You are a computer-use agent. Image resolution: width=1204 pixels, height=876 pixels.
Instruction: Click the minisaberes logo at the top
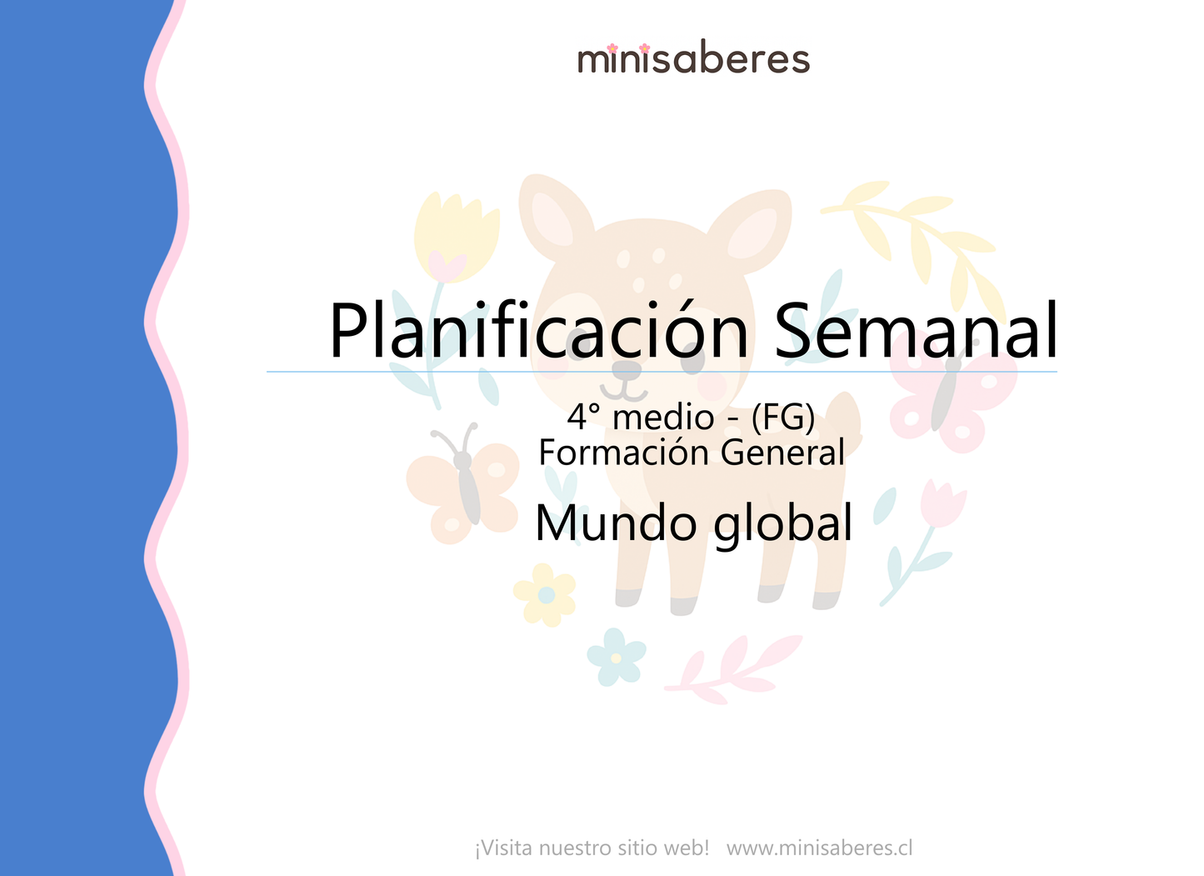point(693,59)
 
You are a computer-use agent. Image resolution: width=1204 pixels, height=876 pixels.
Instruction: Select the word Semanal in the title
point(917,330)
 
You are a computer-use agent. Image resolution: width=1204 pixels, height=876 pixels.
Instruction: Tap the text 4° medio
point(640,417)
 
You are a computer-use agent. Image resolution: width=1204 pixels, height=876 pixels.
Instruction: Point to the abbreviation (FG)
point(782,417)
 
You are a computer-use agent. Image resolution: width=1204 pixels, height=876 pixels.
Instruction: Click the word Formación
point(625,453)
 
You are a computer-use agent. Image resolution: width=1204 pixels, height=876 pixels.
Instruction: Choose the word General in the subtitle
point(782,453)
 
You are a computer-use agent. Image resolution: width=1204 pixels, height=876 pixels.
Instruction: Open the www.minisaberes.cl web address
point(819,848)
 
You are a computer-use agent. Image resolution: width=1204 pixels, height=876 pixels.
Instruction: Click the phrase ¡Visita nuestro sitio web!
point(592,848)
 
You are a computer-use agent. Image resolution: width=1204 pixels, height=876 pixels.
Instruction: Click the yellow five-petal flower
point(545,594)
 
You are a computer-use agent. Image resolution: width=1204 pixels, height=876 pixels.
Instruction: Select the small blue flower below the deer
point(616,657)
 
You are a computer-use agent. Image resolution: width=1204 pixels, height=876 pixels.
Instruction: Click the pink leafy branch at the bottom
point(733,667)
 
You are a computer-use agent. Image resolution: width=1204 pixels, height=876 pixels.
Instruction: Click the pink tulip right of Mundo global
point(942,505)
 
